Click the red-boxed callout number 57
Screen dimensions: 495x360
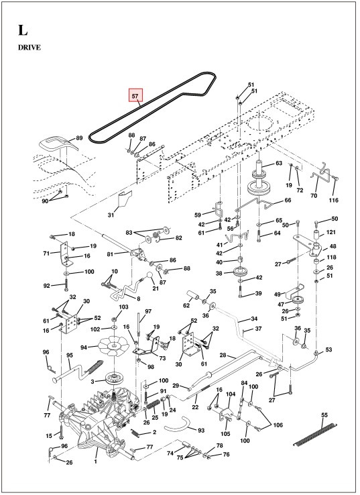tap(135, 96)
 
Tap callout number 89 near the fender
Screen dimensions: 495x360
tap(79, 138)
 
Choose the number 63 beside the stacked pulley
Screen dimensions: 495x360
tap(278, 163)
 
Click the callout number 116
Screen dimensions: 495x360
tap(334, 201)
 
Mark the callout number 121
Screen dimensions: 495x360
tap(331, 232)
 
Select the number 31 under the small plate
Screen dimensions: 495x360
tap(111, 215)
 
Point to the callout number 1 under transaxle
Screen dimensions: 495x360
tap(96, 462)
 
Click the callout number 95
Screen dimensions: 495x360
tap(68, 355)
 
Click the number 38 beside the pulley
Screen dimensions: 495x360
tap(219, 273)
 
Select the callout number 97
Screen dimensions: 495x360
tap(148, 312)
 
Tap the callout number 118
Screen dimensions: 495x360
tap(331, 258)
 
